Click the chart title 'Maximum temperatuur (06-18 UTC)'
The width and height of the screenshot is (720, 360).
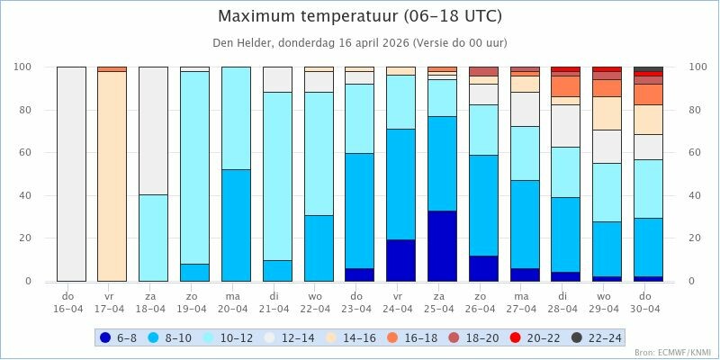coord(360,17)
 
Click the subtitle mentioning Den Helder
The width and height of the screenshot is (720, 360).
coord(360,42)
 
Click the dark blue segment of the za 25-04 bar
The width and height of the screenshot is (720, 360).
coord(442,246)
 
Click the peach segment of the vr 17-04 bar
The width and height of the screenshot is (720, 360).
coord(112,175)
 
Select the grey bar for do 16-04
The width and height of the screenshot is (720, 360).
coord(71,174)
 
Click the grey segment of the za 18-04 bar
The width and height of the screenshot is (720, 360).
coord(153,130)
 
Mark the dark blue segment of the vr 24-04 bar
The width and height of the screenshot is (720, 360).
coord(400,260)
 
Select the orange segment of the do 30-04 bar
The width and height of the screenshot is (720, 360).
coord(648,94)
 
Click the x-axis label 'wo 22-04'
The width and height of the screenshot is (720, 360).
coord(319,301)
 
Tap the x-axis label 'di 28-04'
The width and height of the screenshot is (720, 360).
coord(565,301)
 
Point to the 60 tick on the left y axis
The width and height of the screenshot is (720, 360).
coord(25,153)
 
